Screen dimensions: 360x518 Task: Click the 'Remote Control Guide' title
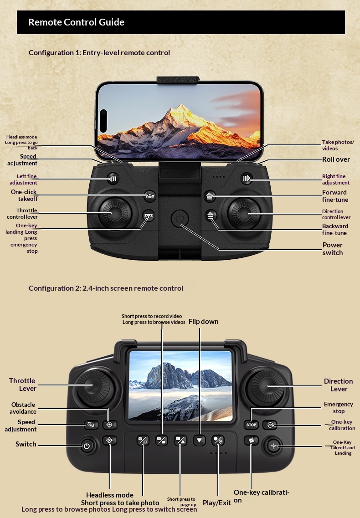(x=77, y=22)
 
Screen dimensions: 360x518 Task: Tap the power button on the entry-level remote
(x=180, y=218)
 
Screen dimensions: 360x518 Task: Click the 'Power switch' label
(x=333, y=249)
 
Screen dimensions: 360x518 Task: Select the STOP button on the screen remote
(x=251, y=425)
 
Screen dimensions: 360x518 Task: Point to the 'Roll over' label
(x=336, y=159)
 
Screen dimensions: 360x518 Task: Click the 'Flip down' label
(x=203, y=322)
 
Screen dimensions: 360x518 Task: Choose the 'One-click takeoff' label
(x=24, y=195)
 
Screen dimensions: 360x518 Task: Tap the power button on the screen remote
(x=87, y=446)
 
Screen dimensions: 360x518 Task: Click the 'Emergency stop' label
(x=339, y=408)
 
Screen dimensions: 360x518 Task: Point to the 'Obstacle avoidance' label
(x=23, y=408)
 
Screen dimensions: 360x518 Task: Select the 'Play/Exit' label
(x=216, y=503)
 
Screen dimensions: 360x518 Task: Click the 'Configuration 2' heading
(x=106, y=288)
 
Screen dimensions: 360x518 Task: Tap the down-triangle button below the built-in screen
(x=199, y=441)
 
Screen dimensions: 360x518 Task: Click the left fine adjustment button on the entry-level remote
(x=113, y=179)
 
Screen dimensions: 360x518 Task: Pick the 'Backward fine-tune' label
(x=335, y=230)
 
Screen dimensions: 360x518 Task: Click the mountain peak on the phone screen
(x=180, y=106)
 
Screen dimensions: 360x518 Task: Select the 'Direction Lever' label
(x=339, y=385)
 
